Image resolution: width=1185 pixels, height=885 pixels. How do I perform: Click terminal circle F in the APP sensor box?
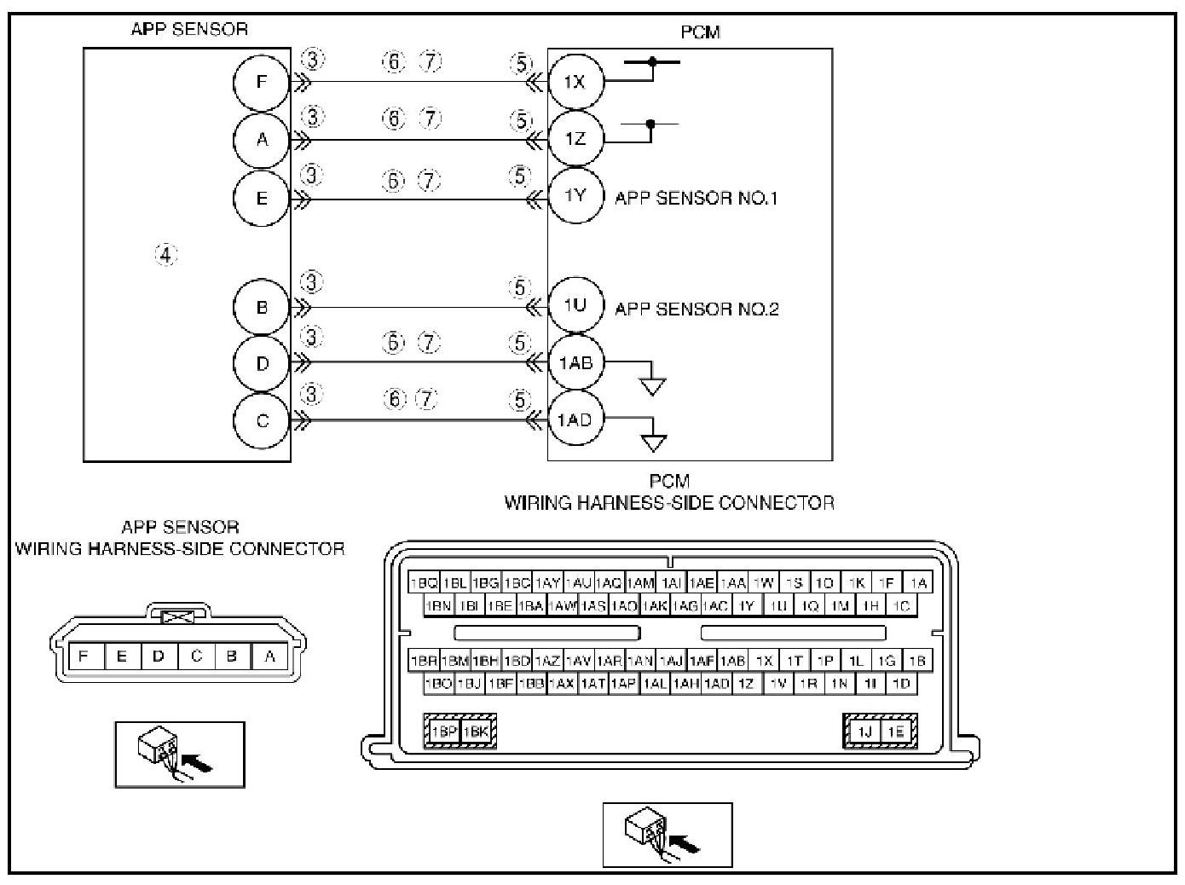tap(262, 83)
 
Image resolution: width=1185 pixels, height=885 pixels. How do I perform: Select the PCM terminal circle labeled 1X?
tap(575, 82)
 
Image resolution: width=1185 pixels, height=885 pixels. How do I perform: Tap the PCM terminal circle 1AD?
tap(575, 419)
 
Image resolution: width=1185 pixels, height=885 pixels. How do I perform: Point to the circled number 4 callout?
tap(166, 254)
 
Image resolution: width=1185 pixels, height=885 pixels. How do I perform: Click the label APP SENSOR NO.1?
tap(696, 198)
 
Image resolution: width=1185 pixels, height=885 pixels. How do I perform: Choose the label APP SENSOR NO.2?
tap(697, 309)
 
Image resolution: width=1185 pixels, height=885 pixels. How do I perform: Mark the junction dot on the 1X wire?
tap(653, 61)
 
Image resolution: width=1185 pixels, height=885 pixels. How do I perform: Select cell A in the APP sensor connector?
tap(270, 657)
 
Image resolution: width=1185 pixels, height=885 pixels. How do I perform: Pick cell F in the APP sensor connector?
tap(83, 657)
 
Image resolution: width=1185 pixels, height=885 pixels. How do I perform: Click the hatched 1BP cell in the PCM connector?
tap(443, 732)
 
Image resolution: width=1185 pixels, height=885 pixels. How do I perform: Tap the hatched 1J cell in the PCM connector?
tap(864, 732)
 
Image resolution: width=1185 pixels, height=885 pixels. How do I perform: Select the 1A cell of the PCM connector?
tap(918, 583)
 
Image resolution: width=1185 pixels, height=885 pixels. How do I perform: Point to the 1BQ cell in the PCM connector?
tap(424, 583)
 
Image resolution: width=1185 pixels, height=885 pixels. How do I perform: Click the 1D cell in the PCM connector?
tap(901, 683)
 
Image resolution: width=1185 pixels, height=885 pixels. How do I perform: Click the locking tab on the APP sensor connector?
tap(177, 615)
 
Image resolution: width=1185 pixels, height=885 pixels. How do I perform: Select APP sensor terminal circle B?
tap(262, 307)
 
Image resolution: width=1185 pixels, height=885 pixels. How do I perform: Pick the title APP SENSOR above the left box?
tap(189, 29)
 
